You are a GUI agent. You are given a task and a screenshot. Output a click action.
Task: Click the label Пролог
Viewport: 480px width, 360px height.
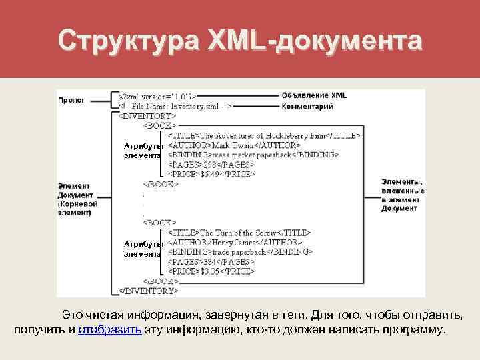click(71, 100)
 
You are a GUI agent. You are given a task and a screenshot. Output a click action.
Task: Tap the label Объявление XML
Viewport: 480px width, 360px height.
click(314, 95)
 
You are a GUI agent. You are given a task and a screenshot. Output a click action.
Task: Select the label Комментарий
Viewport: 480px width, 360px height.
click(307, 106)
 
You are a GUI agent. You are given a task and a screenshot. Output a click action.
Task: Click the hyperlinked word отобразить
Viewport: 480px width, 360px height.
click(109, 330)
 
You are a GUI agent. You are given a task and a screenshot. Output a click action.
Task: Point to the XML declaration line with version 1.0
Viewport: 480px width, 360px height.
click(157, 96)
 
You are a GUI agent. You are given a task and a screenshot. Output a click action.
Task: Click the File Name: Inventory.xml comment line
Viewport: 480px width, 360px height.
click(175, 106)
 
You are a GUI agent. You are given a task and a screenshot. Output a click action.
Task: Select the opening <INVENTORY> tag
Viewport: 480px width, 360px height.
click(147, 115)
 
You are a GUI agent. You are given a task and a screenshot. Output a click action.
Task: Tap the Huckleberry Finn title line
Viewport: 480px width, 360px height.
click(264, 135)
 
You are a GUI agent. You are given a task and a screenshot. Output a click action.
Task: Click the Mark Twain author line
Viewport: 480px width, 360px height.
click(234, 145)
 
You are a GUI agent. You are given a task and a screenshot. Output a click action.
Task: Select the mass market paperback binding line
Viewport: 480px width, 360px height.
click(253, 155)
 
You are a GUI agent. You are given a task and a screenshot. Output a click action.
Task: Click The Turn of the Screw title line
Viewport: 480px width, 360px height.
click(239, 233)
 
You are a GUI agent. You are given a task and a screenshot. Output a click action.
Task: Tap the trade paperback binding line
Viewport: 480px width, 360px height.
click(240, 252)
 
